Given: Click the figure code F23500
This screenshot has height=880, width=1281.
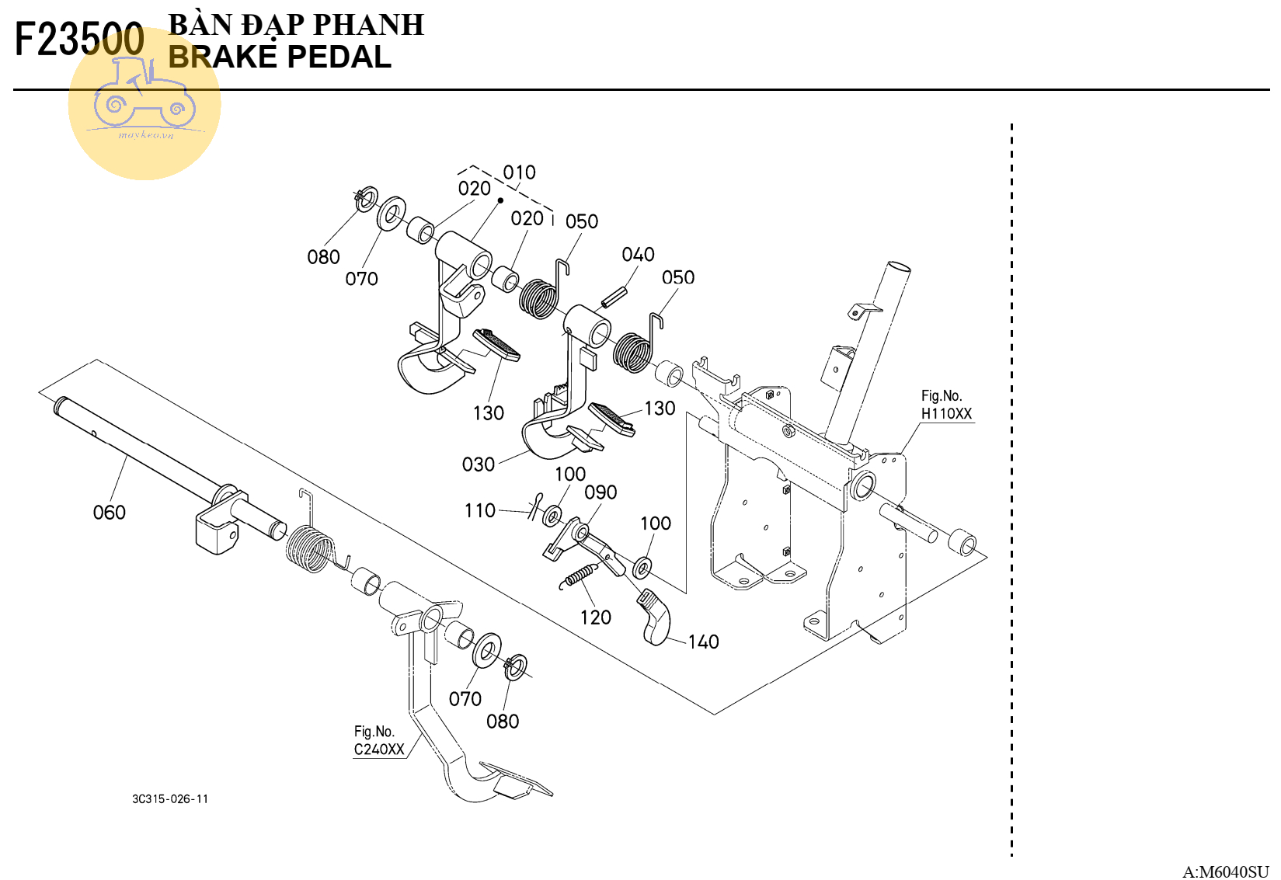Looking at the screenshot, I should [79, 40].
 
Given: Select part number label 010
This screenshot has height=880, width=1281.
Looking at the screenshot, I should [519, 172].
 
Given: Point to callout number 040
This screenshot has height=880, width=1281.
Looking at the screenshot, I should [638, 255].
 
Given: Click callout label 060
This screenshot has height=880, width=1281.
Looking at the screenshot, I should [109, 513].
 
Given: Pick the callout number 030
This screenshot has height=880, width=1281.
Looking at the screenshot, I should [478, 464].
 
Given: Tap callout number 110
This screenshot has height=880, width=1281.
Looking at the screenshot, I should [479, 510].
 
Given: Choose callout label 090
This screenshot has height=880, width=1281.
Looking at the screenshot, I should [600, 492].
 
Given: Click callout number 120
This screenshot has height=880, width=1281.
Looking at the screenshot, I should [595, 617].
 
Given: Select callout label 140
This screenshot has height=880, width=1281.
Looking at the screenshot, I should [703, 642].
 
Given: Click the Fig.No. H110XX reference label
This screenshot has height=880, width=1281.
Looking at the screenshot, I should [946, 405].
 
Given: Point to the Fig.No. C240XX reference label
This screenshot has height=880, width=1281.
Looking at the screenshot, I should [379, 741].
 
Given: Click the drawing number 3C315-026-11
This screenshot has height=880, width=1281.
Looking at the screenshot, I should [170, 799].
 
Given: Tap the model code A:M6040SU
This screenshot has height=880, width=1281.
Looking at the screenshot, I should [1225, 871].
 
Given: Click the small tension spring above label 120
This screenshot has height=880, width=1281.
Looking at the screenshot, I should [580, 576].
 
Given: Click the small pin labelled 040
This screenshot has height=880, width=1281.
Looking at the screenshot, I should [613, 297].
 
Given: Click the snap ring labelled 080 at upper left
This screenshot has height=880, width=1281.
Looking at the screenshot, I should [366, 198].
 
